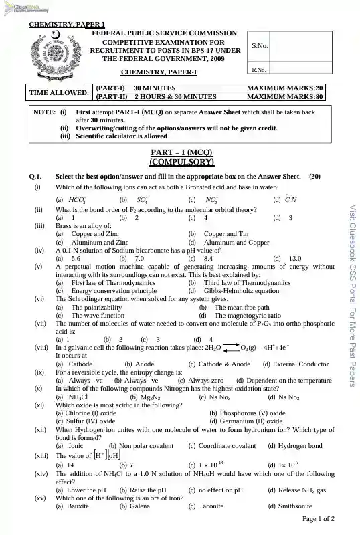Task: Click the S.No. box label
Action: coord(260,45)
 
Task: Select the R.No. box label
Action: coord(259,69)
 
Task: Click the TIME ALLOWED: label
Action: coord(59,92)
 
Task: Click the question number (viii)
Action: coord(41,348)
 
